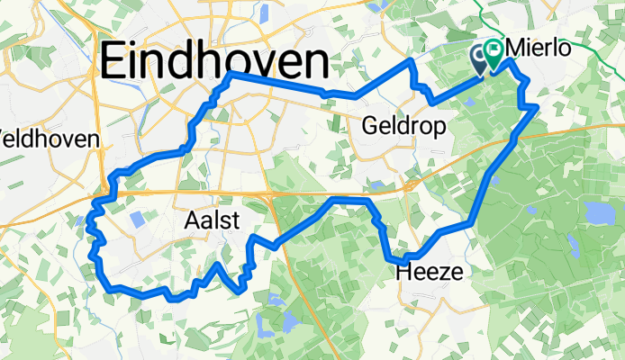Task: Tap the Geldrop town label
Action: (403, 128)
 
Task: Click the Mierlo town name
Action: (539, 48)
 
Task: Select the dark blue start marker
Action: (481, 57)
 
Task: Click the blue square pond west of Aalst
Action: (138, 218)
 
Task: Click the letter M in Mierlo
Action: (519, 48)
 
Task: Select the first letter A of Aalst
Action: (191, 220)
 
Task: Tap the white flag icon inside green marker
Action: (494, 50)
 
